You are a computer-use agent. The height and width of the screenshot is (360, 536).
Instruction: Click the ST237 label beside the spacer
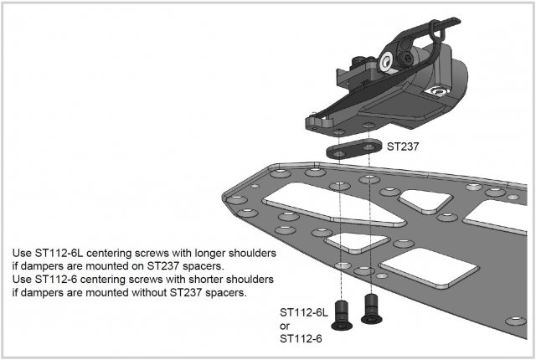[402, 147]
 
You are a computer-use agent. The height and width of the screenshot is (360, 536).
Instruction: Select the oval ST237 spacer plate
[353, 152]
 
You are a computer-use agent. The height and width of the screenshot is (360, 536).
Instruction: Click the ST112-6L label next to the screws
[302, 311]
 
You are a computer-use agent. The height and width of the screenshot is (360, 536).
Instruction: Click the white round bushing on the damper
[386, 63]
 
